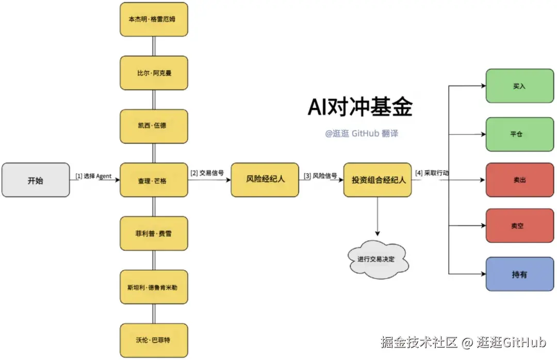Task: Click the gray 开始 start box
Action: click(36, 180)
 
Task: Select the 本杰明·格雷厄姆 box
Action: click(154, 19)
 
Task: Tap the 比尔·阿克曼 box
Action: click(154, 73)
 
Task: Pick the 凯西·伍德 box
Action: click(154, 126)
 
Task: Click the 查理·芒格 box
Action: click(154, 180)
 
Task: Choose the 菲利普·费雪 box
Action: click(154, 233)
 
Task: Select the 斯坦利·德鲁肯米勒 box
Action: click(154, 287)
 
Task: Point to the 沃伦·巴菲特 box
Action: click(154, 340)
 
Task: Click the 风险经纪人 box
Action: click(265, 179)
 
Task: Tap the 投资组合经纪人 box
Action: click(378, 179)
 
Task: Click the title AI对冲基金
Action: click(360, 108)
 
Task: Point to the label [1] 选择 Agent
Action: click(93, 176)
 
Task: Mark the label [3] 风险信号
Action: click(320, 176)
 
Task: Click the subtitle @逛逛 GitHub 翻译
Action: click(361, 134)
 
